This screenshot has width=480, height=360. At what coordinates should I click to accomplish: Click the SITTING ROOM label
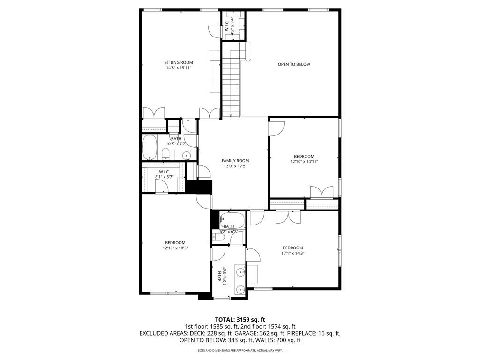[x=179, y=62]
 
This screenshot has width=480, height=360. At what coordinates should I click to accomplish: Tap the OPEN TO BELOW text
[x=294, y=64]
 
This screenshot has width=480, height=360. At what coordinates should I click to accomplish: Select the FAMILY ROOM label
[x=235, y=161]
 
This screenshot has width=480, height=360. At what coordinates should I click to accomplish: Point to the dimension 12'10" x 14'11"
[x=304, y=162]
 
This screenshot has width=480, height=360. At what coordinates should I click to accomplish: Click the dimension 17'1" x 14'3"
[x=292, y=253]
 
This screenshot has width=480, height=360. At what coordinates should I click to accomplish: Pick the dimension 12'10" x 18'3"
[x=175, y=248]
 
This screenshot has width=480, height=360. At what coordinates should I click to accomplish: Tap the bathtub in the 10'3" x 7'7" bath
[x=150, y=147]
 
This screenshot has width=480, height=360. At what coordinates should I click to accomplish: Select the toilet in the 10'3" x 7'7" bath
[x=165, y=154]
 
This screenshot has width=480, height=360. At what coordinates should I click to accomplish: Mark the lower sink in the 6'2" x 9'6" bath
[x=240, y=289]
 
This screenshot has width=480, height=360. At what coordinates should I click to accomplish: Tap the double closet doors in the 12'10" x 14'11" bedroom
[x=322, y=193]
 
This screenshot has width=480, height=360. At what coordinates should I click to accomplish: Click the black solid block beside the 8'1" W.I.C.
[x=199, y=187]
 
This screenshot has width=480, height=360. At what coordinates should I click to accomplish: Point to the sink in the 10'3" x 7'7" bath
[x=187, y=155]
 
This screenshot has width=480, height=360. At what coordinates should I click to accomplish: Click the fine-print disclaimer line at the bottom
[x=240, y=351]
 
